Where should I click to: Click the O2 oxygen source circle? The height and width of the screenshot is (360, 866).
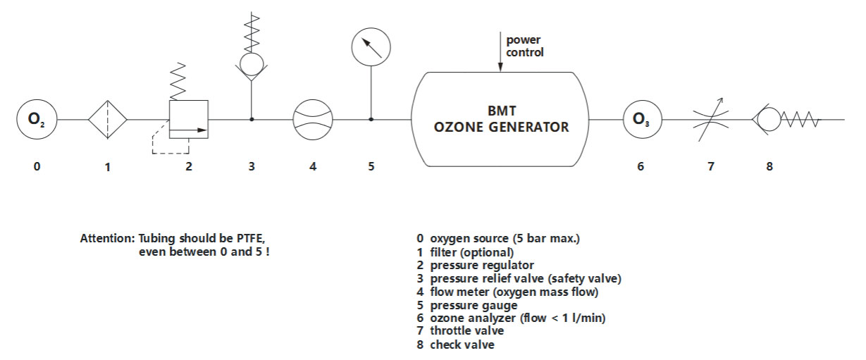pos(37,120)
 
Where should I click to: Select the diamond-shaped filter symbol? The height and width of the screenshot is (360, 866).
pos(107,120)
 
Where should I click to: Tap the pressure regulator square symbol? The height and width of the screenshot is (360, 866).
pos(189,120)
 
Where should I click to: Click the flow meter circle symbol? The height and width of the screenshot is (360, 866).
pos(312,120)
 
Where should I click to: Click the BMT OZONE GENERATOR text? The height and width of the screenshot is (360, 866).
pos(501,120)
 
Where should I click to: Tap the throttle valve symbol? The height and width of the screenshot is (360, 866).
pos(710,120)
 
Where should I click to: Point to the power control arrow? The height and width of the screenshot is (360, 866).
pos(500,52)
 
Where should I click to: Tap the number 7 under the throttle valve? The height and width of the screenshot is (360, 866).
pos(711,167)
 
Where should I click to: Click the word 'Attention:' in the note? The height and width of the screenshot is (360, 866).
pos(107,237)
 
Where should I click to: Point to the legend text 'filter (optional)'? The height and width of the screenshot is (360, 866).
pos(471,252)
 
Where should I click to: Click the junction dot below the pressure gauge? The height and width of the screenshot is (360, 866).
pos(371,120)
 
